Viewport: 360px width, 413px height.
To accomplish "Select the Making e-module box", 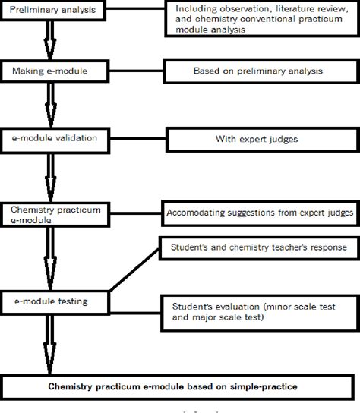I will click(51, 72).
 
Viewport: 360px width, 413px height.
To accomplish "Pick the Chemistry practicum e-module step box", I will click(51, 213).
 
